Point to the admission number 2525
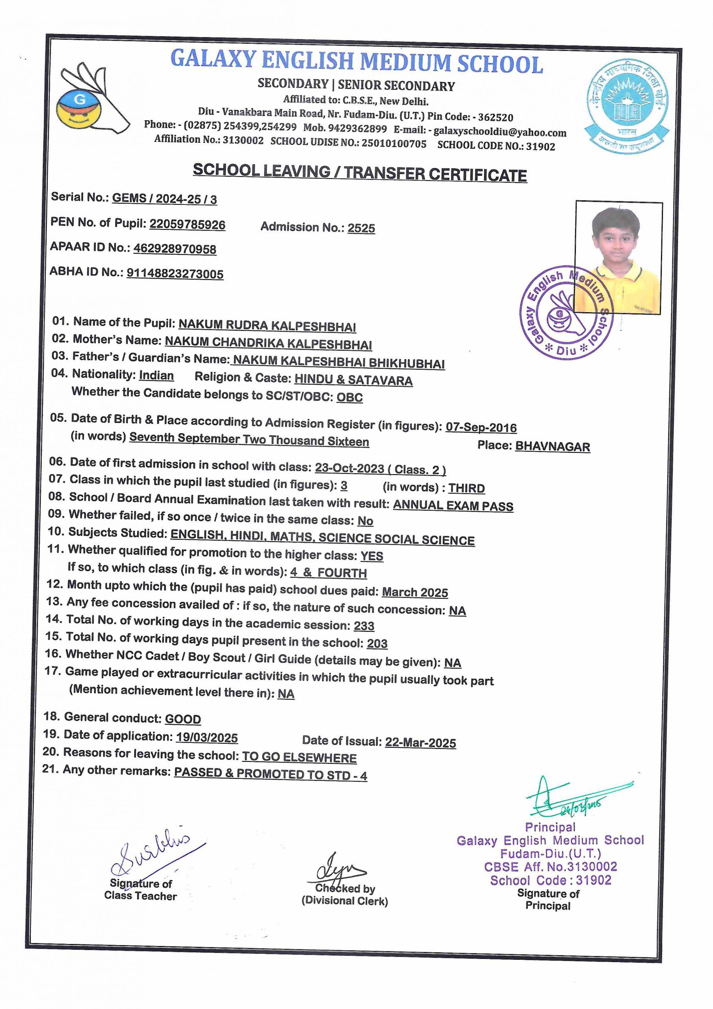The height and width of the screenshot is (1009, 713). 361,228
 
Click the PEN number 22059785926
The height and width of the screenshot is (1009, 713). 187,225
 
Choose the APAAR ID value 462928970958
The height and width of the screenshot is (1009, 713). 175,249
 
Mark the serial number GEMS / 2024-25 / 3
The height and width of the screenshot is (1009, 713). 164,199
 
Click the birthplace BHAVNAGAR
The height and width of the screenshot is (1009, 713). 552,447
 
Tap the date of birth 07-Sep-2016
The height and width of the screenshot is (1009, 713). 481,427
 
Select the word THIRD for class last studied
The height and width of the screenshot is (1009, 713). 466,488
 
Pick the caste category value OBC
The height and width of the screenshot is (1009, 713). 350,397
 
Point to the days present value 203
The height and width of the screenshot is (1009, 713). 377,644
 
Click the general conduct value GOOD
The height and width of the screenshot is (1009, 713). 183,719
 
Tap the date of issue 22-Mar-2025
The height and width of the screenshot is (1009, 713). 420,743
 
